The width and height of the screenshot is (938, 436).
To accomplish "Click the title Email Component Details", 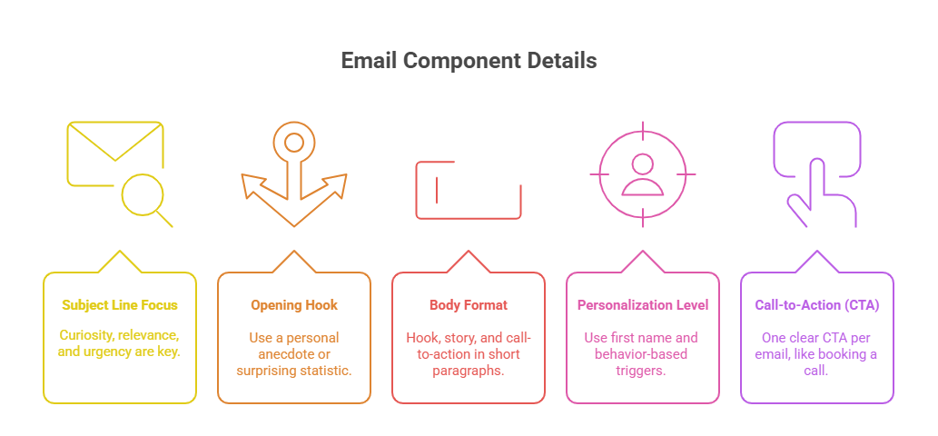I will click(x=469, y=61).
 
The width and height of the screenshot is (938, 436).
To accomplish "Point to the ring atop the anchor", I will click(x=293, y=143).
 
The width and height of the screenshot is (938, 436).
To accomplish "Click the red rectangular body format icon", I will click(x=468, y=190).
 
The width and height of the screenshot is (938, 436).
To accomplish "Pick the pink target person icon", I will click(x=642, y=173).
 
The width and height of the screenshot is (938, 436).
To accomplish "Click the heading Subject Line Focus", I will click(x=120, y=305).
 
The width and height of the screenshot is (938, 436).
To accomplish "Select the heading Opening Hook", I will click(x=294, y=305).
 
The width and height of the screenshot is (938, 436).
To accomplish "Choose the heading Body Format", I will click(x=469, y=305).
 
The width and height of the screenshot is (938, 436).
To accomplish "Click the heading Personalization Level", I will click(x=643, y=305).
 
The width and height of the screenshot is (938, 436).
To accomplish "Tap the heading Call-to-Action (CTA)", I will click(x=817, y=305).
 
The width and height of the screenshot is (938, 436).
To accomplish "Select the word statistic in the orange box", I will click(x=324, y=371).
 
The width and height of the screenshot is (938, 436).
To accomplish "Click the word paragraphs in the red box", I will click(x=469, y=371).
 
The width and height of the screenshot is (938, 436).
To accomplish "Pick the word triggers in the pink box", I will click(x=643, y=371).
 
